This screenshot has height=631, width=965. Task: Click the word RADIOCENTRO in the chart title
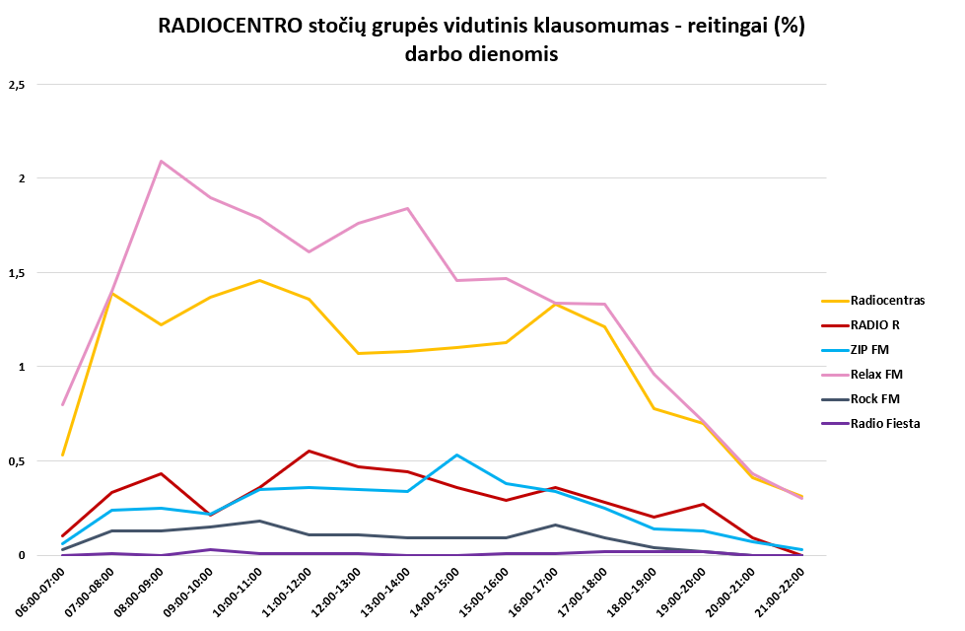pyautogui.click(x=229, y=27)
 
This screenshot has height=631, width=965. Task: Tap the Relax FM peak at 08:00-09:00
pyautogui.click(x=161, y=161)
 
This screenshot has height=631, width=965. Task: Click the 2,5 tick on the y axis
pyautogui.click(x=16, y=85)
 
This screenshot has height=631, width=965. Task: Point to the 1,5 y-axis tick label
pyautogui.click(x=16, y=273)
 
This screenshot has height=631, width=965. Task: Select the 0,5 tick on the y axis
pyautogui.click(x=16, y=461)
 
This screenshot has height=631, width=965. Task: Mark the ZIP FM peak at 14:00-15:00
pyautogui.click(x=457, y=455)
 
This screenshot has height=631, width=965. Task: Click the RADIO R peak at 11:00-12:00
pyautogui.click(x=310, y=451)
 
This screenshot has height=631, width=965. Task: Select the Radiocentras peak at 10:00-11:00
pyautogui.click(x=260, y=280)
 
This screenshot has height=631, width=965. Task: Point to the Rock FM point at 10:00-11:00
pyautogui.click(x=260, y=521)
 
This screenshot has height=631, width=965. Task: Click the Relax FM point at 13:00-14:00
pyautogui.click(x=408, y=208)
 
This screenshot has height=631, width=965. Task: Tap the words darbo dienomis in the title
pyautogui.click(x=481, y=55)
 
